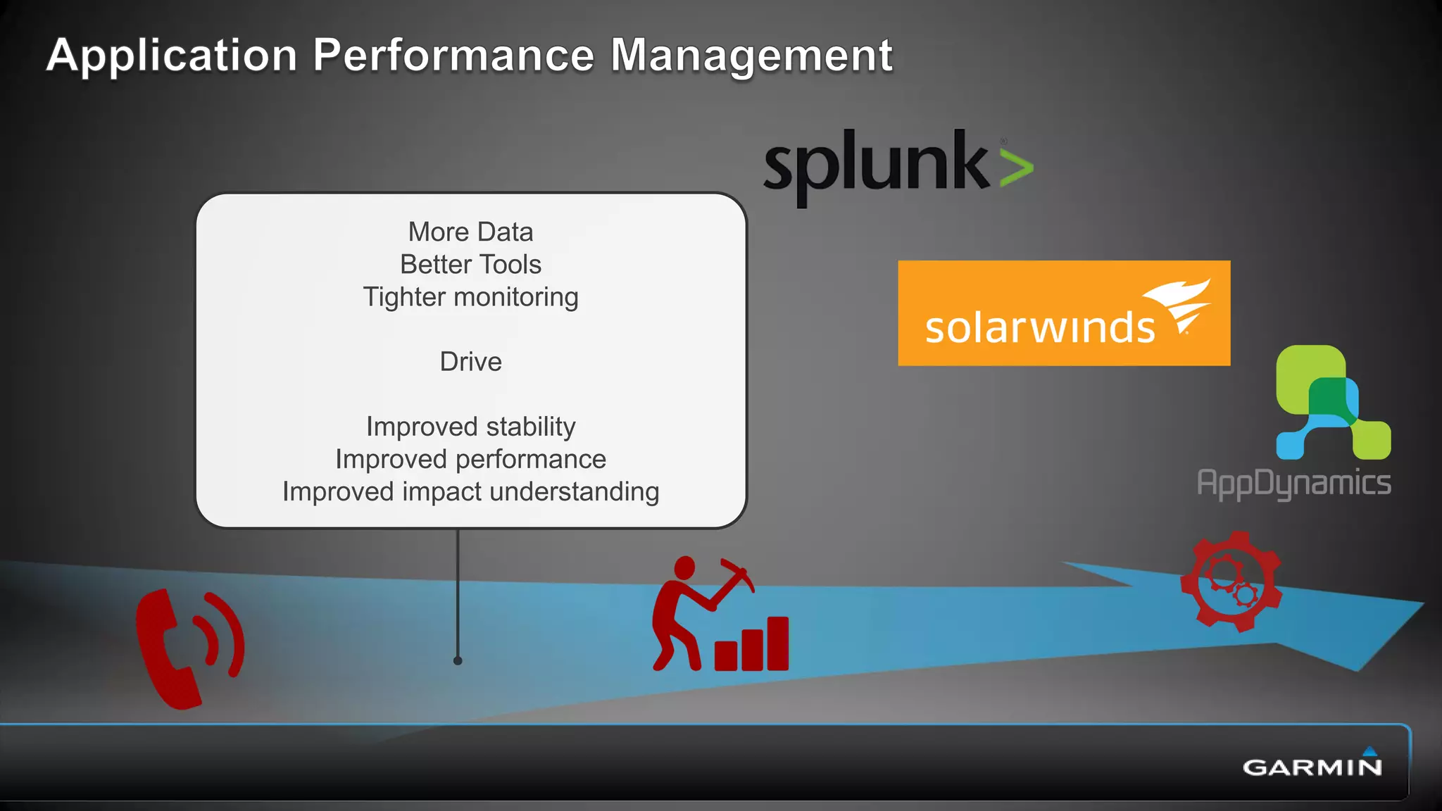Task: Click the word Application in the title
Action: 172,56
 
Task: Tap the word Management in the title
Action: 751,56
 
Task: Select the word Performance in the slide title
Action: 453,56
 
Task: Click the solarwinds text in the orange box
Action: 1040,327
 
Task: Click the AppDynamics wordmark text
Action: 1293,484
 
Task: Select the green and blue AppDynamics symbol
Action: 1333,401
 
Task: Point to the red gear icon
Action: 1231,581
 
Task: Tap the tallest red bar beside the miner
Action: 777,643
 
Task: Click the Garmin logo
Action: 1312,765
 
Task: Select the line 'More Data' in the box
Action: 470,232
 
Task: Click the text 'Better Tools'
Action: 470,265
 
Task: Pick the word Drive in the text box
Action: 470,362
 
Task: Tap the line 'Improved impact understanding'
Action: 470,491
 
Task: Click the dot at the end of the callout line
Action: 458,660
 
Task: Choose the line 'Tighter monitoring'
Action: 470,297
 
